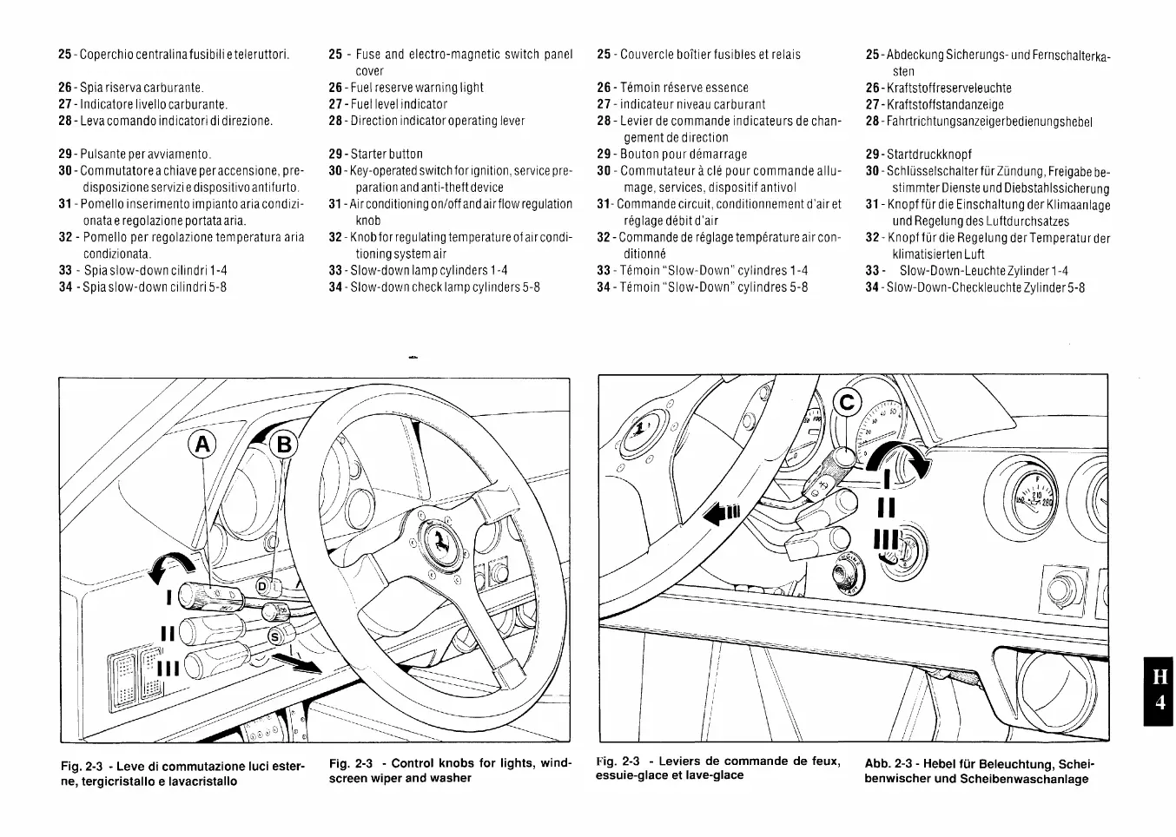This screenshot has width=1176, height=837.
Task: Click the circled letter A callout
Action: [x=202, y=445]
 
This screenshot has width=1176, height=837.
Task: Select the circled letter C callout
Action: [x=847, y=402]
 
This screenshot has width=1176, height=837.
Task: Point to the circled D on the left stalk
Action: [x=264, y=588]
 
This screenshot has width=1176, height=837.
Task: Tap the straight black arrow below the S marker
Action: [x=294, y=663]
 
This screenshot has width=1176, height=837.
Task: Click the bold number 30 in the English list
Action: [x=335, y=171]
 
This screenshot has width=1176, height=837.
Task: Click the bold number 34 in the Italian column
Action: [x=65, y=287]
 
